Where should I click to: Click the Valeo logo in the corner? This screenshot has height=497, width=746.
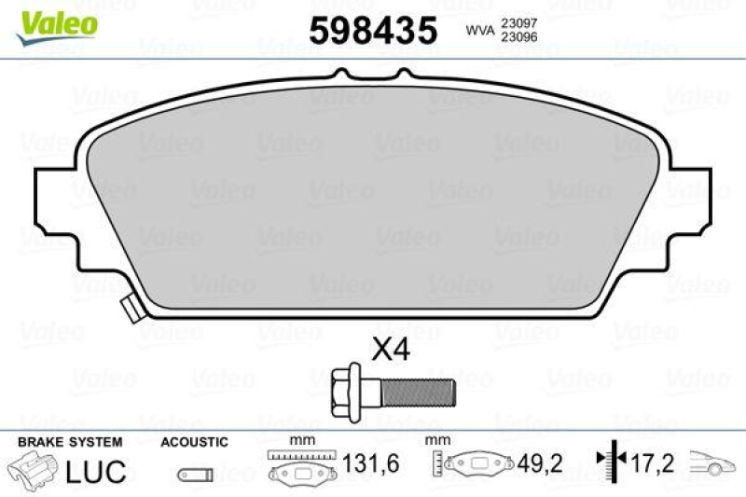point(57,28)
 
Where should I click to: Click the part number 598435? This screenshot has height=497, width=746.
point(373,30)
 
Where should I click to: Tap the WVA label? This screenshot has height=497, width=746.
point(480,31)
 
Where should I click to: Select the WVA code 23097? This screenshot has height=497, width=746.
point(519,22)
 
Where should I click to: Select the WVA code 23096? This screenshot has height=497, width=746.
point(519,37)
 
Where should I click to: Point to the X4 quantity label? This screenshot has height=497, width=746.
point(391,351)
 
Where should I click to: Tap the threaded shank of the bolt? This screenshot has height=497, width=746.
point(418,393)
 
